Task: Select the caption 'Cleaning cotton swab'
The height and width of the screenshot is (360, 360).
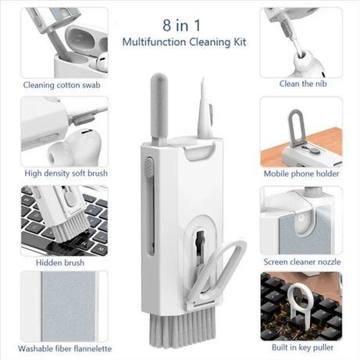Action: (x=62, y=85)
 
